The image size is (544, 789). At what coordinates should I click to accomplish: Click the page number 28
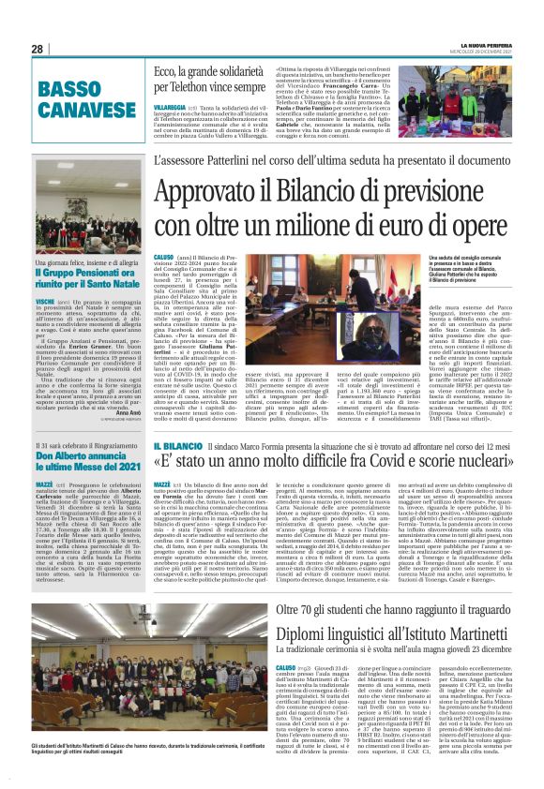click(38, 49)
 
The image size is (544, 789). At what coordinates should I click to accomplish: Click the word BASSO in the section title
click(70, 90)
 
